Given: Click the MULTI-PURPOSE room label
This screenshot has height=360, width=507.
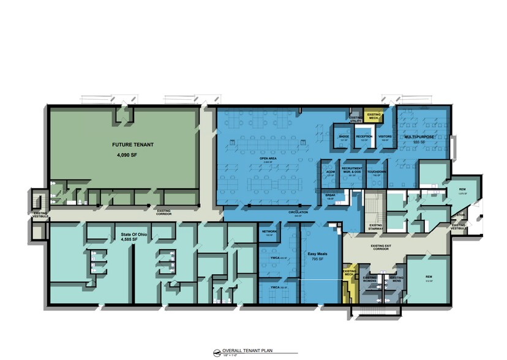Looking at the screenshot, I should click(419, 137).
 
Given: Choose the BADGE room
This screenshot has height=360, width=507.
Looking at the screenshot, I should click(344, 137).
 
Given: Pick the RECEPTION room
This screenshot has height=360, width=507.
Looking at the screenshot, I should click(364, 137).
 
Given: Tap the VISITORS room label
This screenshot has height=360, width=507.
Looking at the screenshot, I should click(385, 137).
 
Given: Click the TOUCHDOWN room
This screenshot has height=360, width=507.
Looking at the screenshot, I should click(377, 173).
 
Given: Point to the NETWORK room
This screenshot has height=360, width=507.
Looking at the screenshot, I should click(270, 232).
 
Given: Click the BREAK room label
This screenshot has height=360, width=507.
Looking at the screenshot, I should click(330, 197).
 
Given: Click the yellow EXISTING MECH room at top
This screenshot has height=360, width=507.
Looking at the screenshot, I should click(373, 114).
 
